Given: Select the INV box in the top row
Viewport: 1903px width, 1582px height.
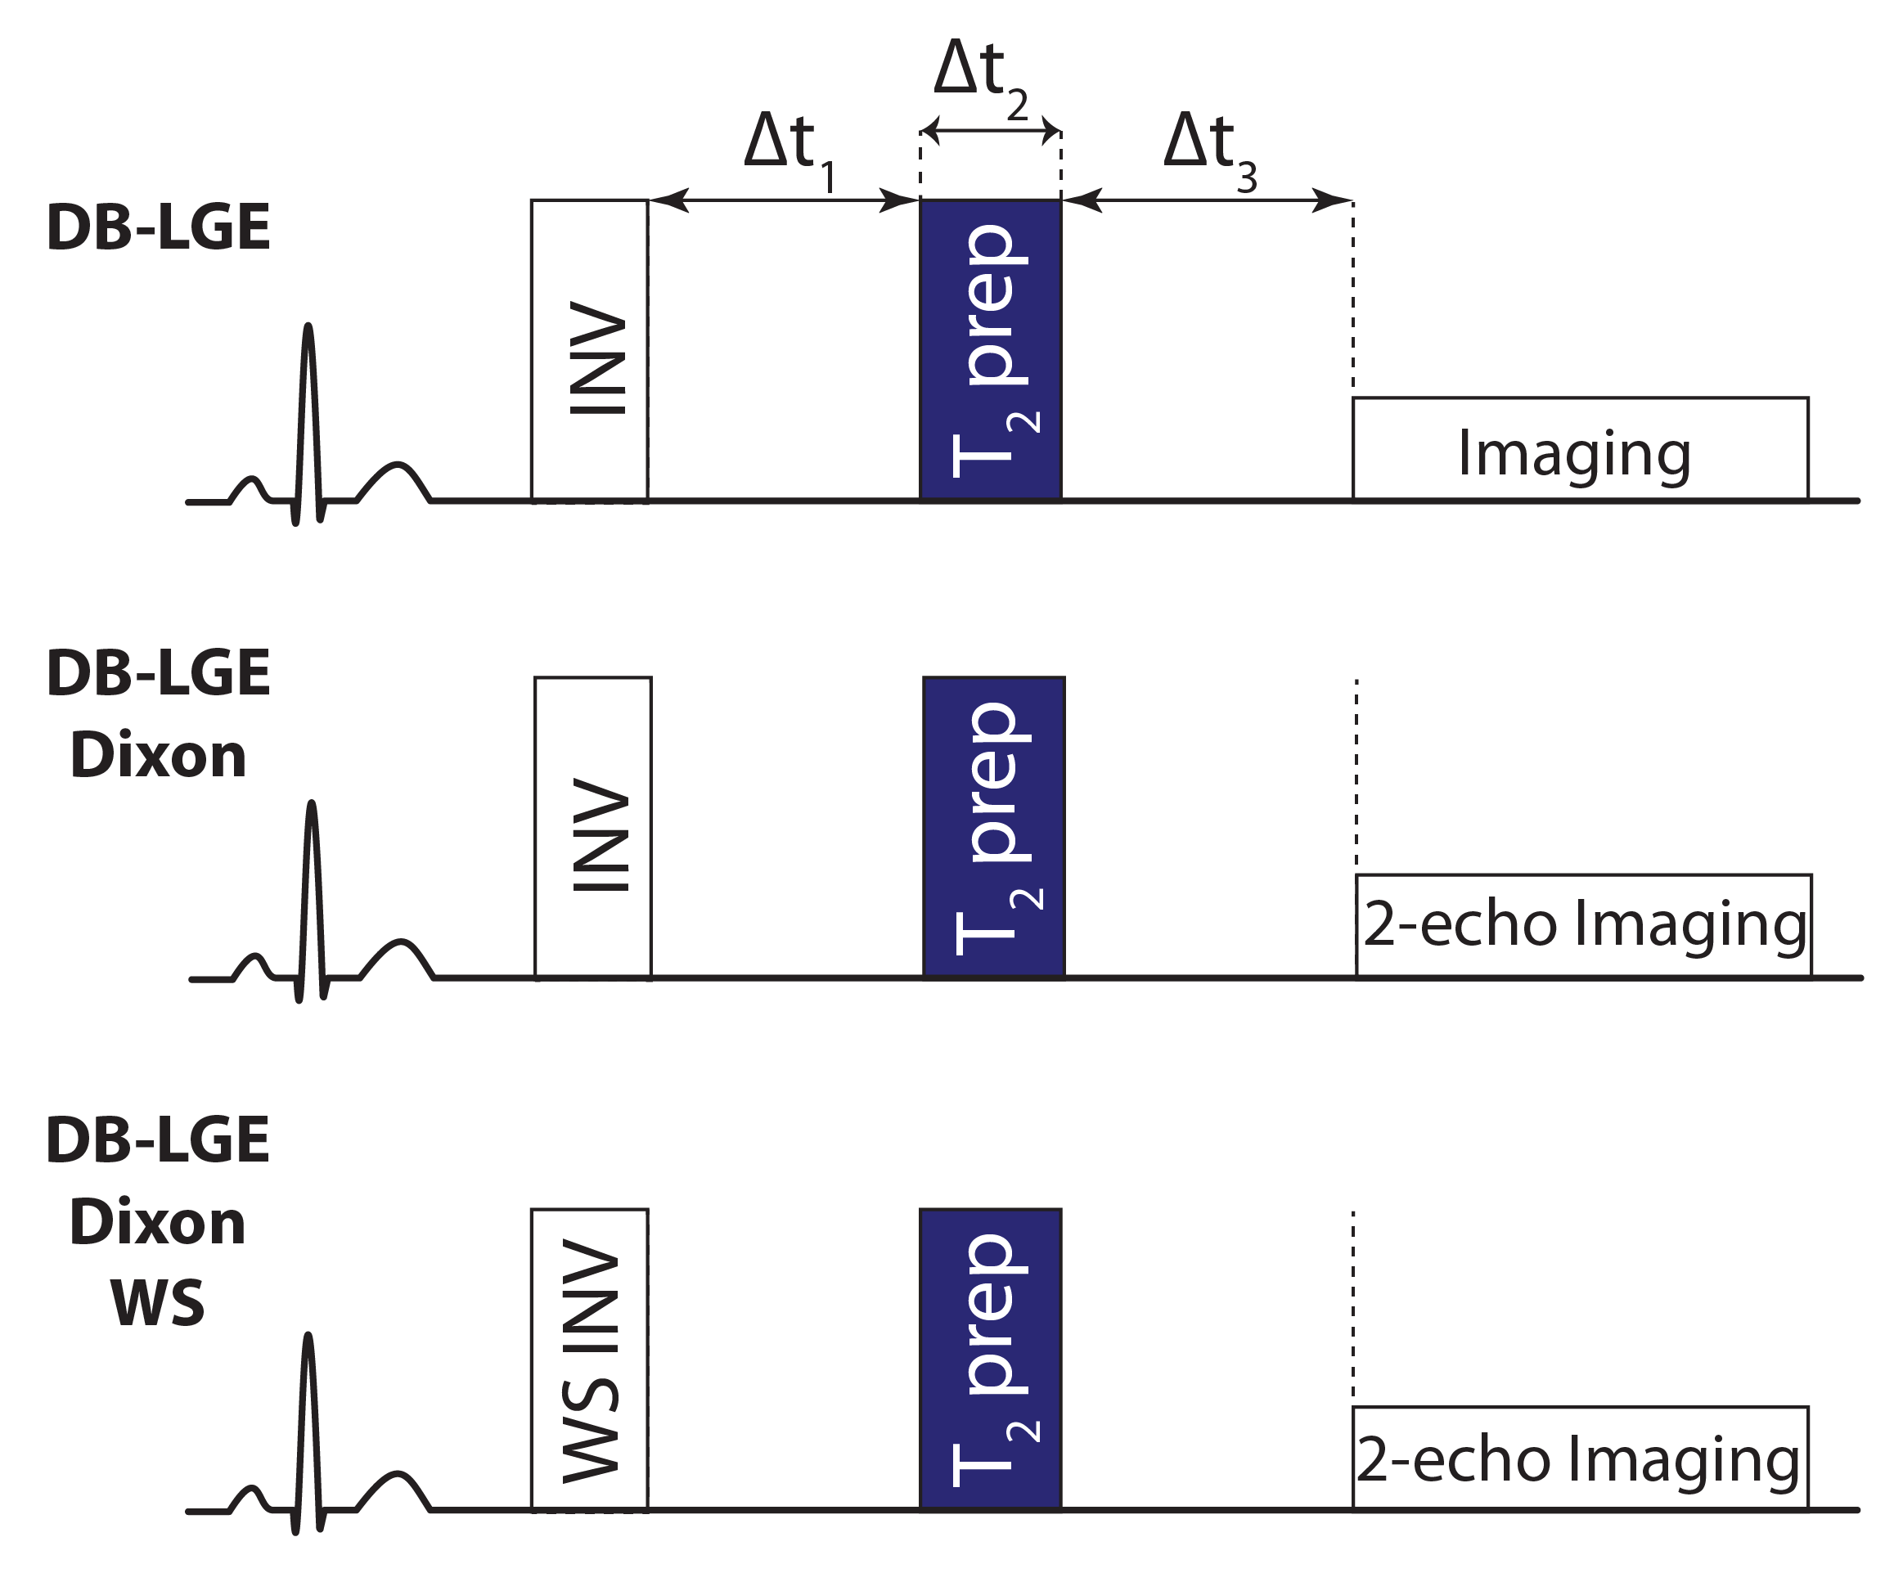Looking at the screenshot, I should [590, 351].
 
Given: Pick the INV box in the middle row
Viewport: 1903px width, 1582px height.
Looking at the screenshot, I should [592, 827].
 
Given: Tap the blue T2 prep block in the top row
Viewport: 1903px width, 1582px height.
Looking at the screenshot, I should [991, 351].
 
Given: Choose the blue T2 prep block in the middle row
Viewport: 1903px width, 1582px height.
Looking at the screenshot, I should [993, 827].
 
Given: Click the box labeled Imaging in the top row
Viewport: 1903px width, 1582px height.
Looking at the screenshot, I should [1581, 449].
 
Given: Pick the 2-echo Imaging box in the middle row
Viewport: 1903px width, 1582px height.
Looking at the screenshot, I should [1583, 926].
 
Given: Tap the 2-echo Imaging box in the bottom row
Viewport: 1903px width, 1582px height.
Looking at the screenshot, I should [1581, 1458].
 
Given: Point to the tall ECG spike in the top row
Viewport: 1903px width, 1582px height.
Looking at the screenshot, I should [309, 407].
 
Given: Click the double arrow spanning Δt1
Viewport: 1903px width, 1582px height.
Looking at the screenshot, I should [784, 200].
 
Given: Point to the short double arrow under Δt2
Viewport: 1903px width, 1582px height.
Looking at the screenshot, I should [991, 132].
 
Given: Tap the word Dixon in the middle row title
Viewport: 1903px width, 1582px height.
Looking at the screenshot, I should [158, 756].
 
